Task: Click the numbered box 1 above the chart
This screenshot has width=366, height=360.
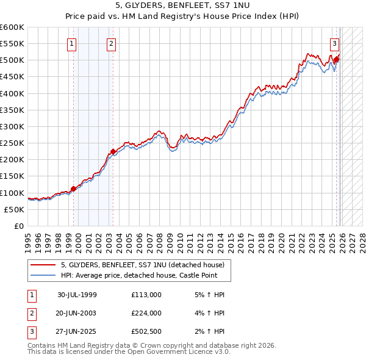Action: point(72,43)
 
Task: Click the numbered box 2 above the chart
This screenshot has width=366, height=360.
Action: point(112,43)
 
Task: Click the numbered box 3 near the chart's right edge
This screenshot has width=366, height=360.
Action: point(335,43)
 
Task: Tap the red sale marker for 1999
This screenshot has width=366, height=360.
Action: point(74,189)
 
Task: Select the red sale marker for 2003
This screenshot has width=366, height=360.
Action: point(113,151)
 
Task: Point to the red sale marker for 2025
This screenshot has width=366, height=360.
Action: point(336,59)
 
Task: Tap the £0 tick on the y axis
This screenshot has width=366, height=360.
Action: point(20,226)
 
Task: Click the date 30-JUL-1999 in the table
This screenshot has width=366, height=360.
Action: point(77,294)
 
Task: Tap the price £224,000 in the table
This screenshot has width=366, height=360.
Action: point(146,313)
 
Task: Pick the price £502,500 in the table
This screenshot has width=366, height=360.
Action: point(146,332)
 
